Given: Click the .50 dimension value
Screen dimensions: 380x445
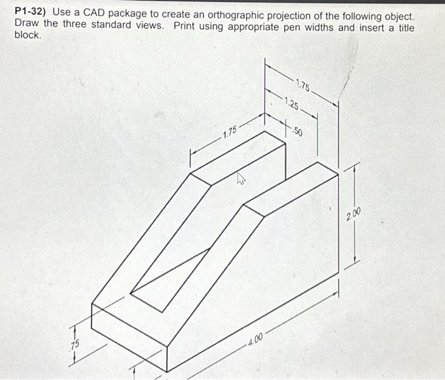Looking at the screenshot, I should [x=298, y=132].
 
